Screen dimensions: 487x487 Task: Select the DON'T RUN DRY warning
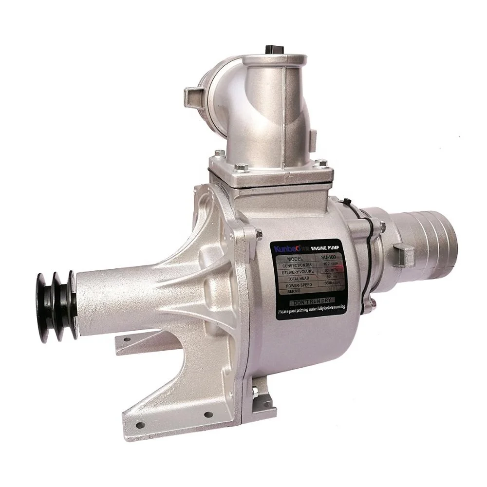312,303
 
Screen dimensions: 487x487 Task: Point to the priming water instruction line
312,311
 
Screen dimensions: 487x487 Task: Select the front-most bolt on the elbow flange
241,168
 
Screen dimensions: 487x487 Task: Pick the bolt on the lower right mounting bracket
255,391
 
